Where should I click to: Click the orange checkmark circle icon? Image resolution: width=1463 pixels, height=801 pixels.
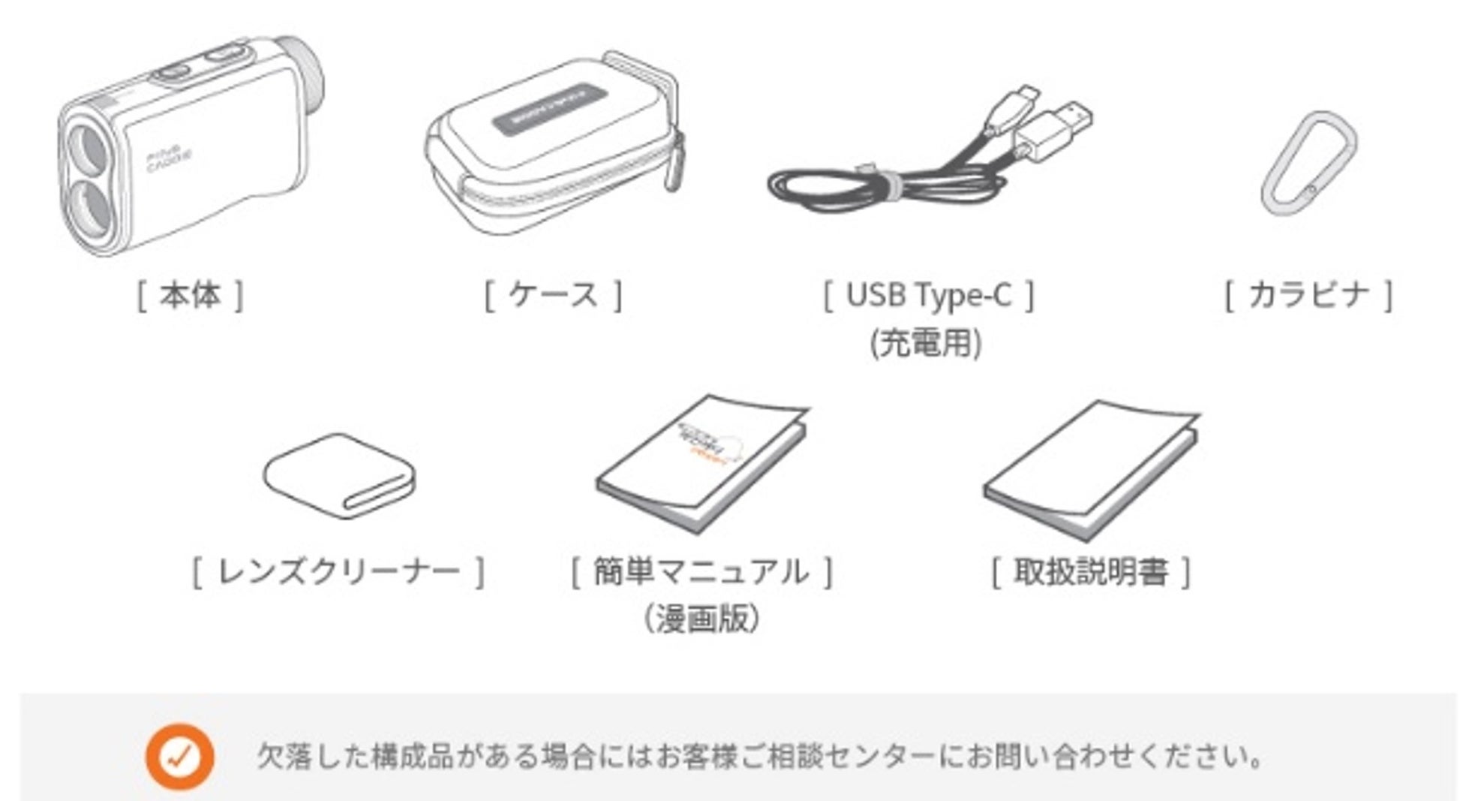coord(180,756)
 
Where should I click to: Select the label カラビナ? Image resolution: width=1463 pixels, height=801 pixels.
coord(1308,294)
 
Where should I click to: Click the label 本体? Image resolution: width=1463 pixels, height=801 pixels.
coord(190,295)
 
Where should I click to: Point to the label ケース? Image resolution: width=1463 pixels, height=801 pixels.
coord(553,295)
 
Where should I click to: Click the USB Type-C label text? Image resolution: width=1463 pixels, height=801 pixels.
coord(928,295)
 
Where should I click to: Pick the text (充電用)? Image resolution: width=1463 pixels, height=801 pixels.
coord(926,343)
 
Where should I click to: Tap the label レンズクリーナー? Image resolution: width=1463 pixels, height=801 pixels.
coord(338,573)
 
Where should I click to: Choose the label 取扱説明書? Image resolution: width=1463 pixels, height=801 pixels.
coord(1091,573)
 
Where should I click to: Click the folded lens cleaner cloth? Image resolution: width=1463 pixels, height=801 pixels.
coord(339,474)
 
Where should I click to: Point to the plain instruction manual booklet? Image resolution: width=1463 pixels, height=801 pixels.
coord(1092,469)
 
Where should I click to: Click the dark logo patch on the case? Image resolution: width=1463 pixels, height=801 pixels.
coord(550,110)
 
